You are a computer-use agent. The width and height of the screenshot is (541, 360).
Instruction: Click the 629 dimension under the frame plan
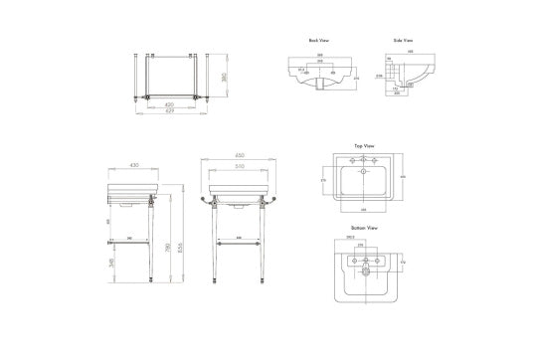coord(171,109)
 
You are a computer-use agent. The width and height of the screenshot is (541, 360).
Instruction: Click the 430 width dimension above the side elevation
coord(134,165)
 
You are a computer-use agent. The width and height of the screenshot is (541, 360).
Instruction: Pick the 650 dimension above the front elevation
coord(239,156)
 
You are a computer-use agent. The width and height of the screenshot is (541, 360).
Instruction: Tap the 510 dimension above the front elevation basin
coord(239,166)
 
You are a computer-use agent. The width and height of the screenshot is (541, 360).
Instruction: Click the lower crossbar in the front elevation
coord(239,240)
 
